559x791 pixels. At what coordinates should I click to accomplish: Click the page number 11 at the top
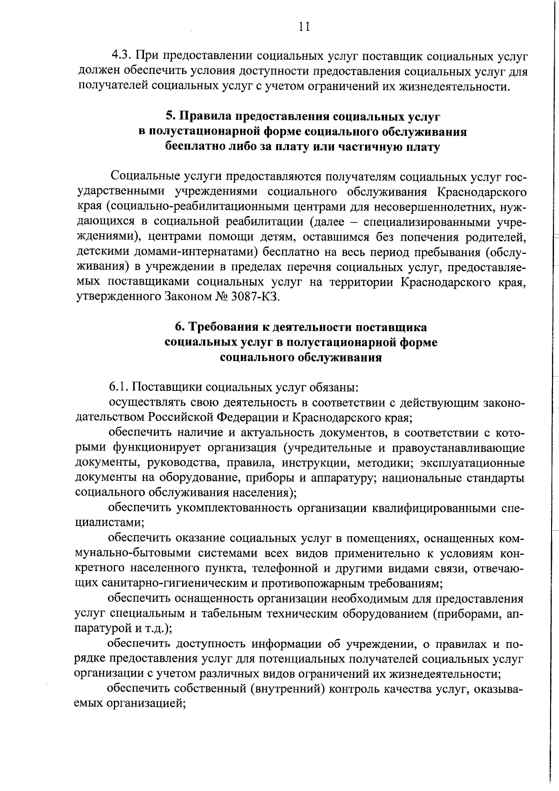tap(304, 27)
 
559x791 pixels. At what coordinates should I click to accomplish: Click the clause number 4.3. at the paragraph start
tap(122, 56)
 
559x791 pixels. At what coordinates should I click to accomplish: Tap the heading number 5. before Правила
tap(170, 116)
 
